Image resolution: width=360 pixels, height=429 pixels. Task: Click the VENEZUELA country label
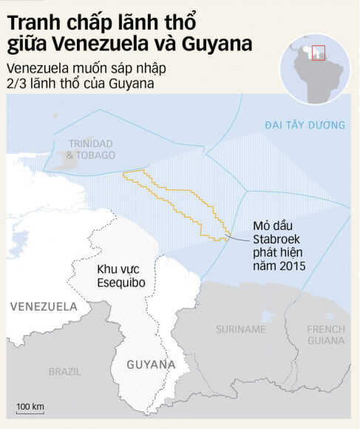tap(43, 306)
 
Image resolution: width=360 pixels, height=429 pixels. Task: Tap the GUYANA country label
tap(151, 365)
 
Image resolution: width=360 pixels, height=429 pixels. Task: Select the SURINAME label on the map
tap(241, 328)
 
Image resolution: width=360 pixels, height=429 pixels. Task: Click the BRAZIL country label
tap(65, 371)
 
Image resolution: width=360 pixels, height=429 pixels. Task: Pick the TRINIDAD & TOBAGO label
tap(91, 149)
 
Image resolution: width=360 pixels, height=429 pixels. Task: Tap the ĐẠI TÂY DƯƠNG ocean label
tap(305, 126)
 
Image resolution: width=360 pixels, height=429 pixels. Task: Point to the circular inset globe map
tap(314, 66)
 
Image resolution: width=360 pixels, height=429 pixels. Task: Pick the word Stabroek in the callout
tap(276, 239)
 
